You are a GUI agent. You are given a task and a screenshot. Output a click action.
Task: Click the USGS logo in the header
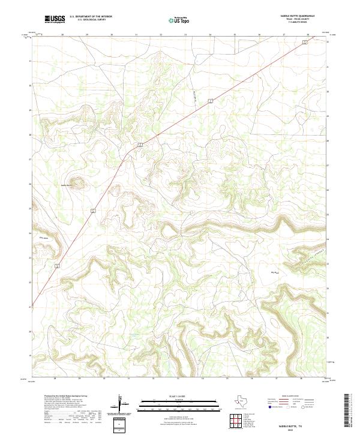point(55,19)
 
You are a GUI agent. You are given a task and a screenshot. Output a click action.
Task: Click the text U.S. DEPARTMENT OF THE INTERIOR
point(91,16)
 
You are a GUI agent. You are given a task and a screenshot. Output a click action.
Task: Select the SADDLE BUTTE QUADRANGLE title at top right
point(296,16)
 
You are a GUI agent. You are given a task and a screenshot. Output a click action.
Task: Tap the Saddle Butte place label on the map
point(67,185)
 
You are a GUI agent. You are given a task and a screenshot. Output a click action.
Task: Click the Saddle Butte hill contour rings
point(77,181)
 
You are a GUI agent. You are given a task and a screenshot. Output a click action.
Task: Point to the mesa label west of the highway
point(43,238)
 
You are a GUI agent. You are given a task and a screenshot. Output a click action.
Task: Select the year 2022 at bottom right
point(296,429)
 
